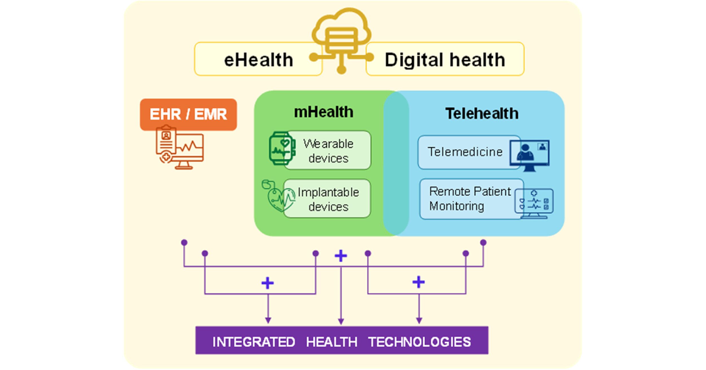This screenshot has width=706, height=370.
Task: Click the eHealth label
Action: tap(258, 60)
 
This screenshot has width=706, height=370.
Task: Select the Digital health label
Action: tap(445, 60)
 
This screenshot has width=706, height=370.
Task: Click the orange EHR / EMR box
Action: tap(188, 114)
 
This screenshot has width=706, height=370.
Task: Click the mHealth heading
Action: tap(324, 112)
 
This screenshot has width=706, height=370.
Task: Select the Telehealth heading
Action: tap(482, 113)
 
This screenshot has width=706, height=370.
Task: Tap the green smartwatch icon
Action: tap(282, 148)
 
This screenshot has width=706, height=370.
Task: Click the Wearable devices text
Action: tap(328, 151)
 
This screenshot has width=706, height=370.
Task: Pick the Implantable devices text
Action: tap(328, 199)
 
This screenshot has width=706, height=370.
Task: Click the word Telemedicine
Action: tap(465, 152)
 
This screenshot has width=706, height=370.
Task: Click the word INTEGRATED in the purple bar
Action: tap(254, 342)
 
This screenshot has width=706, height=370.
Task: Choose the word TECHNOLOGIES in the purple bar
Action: tap(419, 342)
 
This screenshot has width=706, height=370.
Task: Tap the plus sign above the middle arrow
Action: tap(341, 256)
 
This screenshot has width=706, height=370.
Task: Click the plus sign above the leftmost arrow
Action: tap(268, 283)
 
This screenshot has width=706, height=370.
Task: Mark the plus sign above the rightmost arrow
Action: tap(419, 282)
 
